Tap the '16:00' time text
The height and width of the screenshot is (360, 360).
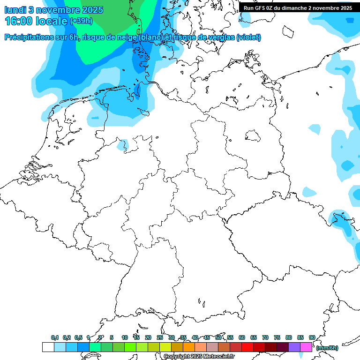[18, 21]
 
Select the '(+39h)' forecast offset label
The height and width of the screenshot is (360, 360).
[81, 21]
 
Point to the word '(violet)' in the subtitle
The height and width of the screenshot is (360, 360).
[248, 37]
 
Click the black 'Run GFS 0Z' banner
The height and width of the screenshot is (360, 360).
[298, 7]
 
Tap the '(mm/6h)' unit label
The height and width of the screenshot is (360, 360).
[327, 348]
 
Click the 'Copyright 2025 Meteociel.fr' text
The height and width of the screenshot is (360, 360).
[199, 357]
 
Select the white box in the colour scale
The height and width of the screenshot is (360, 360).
[48, 347]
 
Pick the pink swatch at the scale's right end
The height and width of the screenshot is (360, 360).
[306, 347]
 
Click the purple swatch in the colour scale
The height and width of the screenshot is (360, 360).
[294, 347]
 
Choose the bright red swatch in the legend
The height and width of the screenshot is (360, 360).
[247, 347]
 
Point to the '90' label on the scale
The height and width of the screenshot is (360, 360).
[312, 337]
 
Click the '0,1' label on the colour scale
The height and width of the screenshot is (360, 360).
[54, 337]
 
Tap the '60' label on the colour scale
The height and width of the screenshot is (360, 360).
[241, 337]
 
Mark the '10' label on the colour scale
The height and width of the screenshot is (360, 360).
[124, 337]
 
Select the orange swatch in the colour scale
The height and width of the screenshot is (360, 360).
[189, 347]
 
